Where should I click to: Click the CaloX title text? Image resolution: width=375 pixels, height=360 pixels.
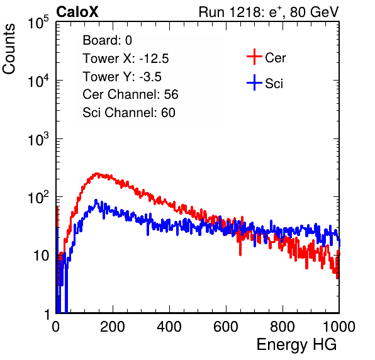pos(77,12)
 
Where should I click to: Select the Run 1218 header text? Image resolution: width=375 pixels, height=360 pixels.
pos(269,12)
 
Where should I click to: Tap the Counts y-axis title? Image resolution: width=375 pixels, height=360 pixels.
pos(9,49)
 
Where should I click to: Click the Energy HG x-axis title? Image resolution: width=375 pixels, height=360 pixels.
pos(296,345)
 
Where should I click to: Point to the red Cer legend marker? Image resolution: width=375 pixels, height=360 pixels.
pos(254,57)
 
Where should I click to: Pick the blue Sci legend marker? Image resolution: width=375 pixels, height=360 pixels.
pos(254,82)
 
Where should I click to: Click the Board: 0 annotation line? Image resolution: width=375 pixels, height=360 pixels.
pos(107,40)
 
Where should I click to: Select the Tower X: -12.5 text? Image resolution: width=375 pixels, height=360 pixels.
pos(126,59)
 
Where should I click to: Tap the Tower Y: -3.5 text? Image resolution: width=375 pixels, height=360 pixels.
pos(122,77)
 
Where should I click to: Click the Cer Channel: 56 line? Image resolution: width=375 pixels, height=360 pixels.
pos(130,94)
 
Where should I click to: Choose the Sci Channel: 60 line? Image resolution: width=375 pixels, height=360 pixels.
pos(129,113)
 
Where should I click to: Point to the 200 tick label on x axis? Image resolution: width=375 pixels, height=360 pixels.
pos(113,327)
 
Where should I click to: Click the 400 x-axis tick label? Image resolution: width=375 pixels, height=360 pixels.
pos(169,327)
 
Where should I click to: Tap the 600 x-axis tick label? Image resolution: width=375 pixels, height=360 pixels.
pos(226,327)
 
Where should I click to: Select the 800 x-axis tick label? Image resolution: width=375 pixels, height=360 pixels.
pos(283,327)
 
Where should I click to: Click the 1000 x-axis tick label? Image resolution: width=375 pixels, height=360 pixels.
pos(339,327)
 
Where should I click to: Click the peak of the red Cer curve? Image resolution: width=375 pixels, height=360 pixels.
pos(97,174)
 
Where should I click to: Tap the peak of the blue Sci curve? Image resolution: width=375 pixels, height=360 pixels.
pos(96,200)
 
